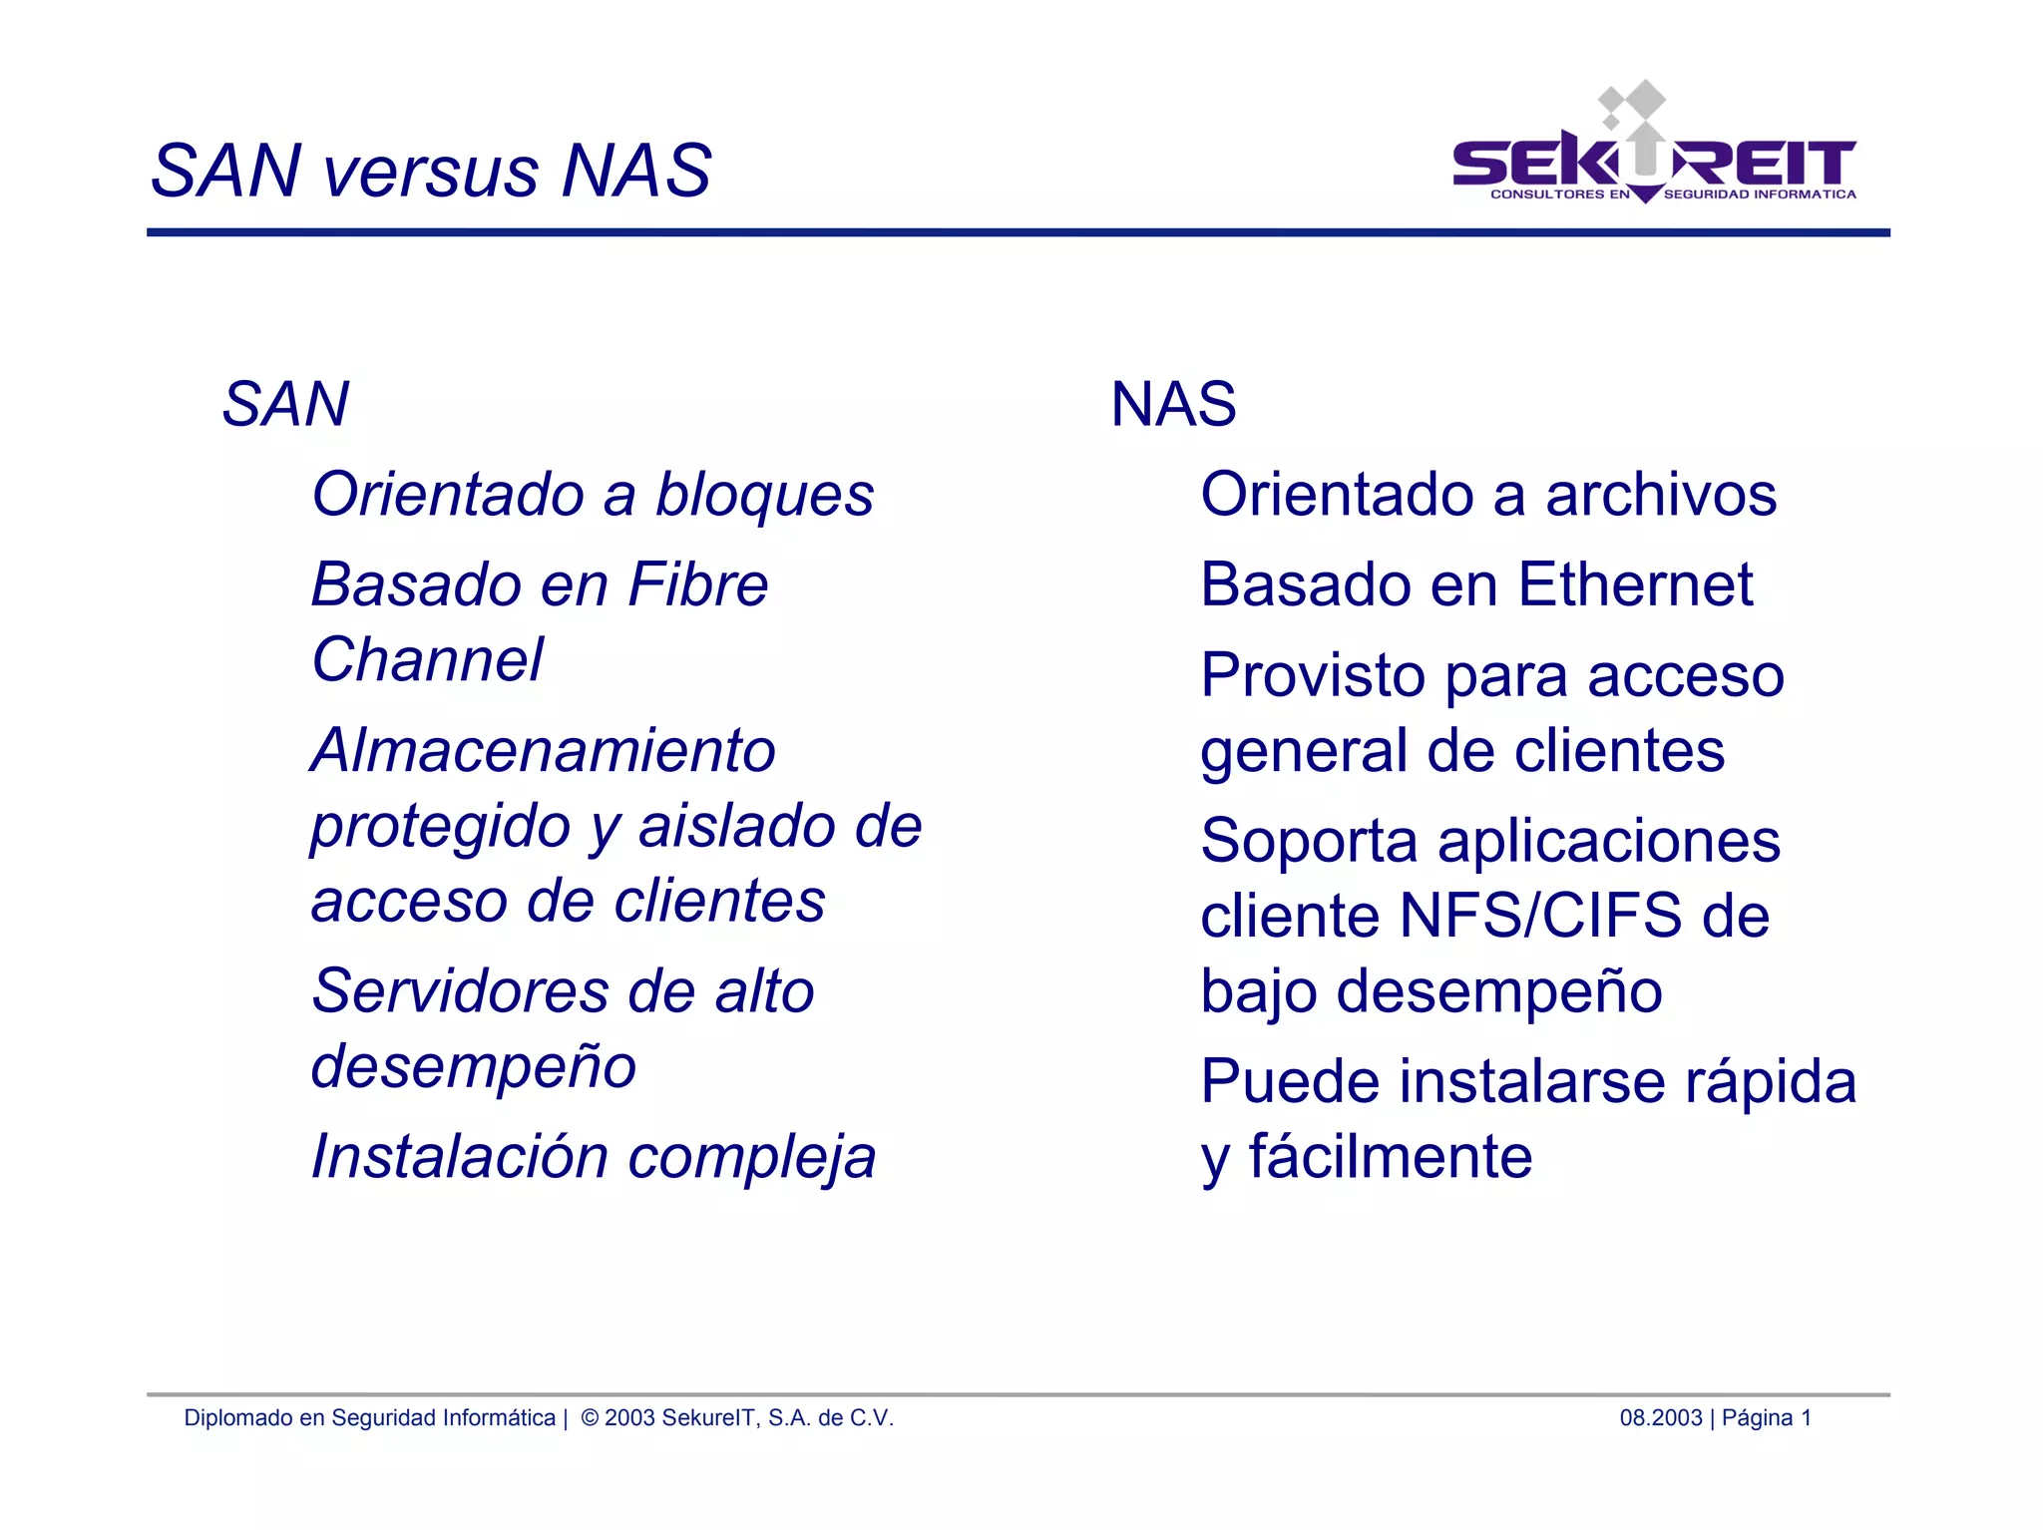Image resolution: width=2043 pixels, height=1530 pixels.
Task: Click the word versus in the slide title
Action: click(x=430, y=172)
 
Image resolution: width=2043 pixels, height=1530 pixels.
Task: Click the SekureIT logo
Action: click(x=1653, y=150)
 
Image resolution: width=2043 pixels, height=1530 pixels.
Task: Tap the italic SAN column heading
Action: click(x=285, y=405)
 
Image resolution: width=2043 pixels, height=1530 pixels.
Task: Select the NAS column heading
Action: click(x=1173, y=405)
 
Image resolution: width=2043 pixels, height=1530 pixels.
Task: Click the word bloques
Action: click(x=764, y=495)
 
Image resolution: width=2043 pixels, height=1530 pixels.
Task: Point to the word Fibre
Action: click(x=698, y=584)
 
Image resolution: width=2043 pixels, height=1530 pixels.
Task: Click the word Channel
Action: click(x=427, y=660)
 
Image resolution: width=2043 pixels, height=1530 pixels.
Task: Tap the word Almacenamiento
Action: click(x=543, y=750)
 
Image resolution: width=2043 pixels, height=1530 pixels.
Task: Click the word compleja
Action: click(x=751, y=1157)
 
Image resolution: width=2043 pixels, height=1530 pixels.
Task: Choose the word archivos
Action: click(x=1660, y=495)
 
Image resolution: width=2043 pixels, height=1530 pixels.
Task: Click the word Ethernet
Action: click(x=1635, y=584)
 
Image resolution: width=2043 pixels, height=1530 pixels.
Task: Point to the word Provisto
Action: click(x=1313, y=676)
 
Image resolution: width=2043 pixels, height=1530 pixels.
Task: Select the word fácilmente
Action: click(x=1390, y=1157)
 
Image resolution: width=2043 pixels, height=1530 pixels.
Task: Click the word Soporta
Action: click(x=1308, y=841)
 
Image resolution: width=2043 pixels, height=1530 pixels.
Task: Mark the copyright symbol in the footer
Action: click(x=590, y=1418)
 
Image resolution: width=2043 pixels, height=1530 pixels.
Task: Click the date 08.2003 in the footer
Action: click(x=1660, y=1418)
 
